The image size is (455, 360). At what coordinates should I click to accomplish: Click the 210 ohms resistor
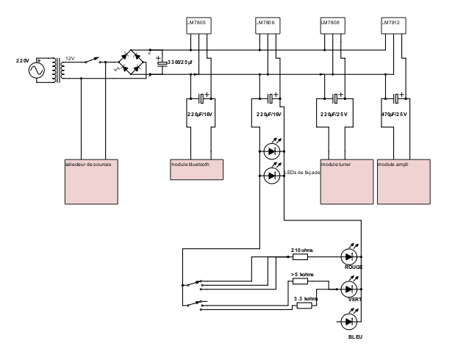coord(300,257)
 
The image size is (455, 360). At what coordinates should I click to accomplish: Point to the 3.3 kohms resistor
coord(304,305)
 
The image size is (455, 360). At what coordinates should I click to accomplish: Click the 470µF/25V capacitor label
coord(394,115)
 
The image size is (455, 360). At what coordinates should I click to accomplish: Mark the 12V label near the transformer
coord(71,57)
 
